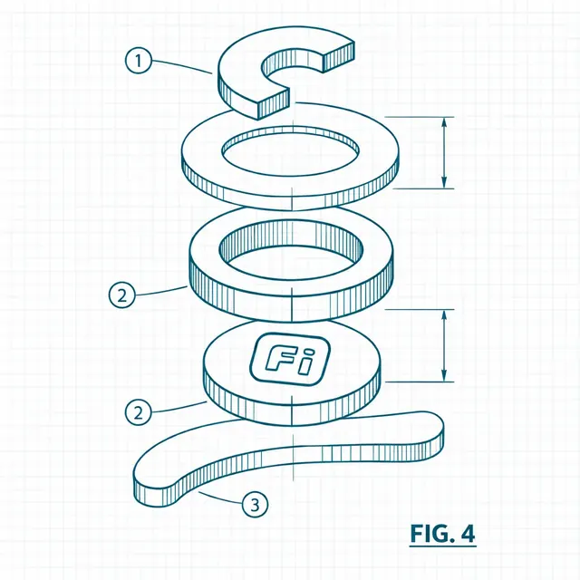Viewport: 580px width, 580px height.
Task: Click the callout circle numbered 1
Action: pyautogui.click(x=139, y=61)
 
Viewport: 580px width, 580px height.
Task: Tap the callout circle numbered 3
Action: pyautogui.click(x=256, y=504)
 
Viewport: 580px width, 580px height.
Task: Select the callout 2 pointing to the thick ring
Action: pyautogui.click(x=122, y=295)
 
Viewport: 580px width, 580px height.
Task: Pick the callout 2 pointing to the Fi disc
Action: pyautogui.click(x=138, y=412)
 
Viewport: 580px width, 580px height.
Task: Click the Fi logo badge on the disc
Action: pyautogui.click(x=290, y=359)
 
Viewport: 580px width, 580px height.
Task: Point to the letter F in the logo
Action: pyautogui.click(x=279, y=358)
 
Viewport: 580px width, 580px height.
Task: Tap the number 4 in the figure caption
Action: pyautogui.click(x=468, y=534)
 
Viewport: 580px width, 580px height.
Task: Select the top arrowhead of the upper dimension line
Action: pyautogui.click(x=444, y=124)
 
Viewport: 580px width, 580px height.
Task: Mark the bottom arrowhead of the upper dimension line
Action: pyautogui.click(x=444, y=182)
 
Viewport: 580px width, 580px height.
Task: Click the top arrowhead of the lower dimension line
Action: pyautogui.click(x=444, y=316)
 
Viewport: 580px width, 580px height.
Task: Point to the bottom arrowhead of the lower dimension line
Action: pyautogui.click(x=444, y=374)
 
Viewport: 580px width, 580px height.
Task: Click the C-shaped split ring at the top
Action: pyautogui.click(x=240, y=66)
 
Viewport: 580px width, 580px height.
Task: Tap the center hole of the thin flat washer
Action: pyautogui.click(x=290, y=152)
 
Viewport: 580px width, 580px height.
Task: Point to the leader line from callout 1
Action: pyautogui.click(x=182, y=65)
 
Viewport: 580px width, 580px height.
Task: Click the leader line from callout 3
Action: pyautogui.click(x=220, y=498)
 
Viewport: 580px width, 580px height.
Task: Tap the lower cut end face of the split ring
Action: pyautogui.click(x=274, y=104)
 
